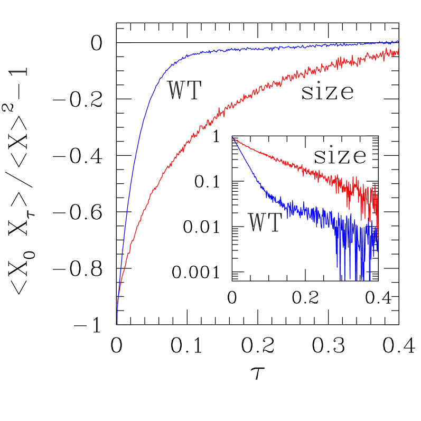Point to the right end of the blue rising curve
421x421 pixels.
tap(398, 41)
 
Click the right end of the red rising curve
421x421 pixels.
tap(398, 51)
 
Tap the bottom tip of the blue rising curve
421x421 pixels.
tap(117, 323)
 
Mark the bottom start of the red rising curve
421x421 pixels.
tap(117, 304)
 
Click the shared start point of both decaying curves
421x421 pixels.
tap(232, 137)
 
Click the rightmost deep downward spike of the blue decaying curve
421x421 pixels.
tap(370, 279)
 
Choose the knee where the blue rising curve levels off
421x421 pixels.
tap(177, 59)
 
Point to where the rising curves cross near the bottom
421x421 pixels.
tap(118, 296)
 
